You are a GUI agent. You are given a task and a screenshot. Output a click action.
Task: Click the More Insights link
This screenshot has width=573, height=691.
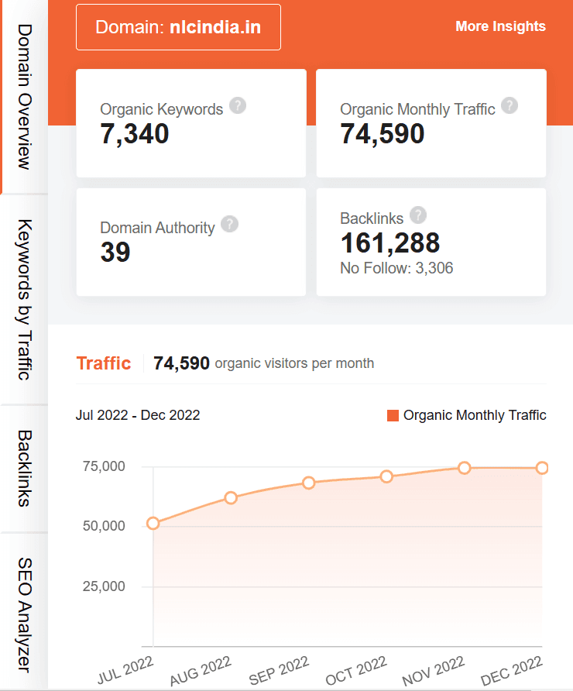click(500, 26)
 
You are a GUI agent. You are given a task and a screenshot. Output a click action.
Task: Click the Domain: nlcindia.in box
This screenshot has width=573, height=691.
click(178, 28)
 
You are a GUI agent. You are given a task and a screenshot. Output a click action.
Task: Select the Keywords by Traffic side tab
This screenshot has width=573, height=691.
click(24, 300)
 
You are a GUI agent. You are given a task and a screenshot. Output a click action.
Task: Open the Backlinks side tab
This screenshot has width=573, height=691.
click(24, 468)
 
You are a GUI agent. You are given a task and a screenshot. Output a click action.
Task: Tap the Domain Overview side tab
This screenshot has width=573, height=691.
click(24, 97)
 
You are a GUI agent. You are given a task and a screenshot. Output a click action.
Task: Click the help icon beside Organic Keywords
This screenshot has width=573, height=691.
click(238, 105)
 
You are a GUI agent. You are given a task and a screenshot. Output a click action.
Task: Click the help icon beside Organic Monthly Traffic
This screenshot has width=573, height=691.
click(509, 105)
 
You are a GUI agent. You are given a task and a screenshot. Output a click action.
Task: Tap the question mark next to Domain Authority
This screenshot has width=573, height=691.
click(229, 224)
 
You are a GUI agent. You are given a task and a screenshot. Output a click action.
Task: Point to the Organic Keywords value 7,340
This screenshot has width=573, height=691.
click(135, 134)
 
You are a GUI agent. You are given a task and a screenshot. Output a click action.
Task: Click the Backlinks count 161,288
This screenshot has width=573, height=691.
click(390, 243)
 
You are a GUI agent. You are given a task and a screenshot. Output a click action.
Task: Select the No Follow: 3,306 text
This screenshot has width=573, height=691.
click(396, 269)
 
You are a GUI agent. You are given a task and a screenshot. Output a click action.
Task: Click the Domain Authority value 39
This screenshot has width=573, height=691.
click(115, 253)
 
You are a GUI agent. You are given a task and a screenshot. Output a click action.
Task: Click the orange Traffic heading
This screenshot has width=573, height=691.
click(104, 363)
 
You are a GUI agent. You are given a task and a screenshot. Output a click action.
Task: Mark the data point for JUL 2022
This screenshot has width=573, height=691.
click(153, 523)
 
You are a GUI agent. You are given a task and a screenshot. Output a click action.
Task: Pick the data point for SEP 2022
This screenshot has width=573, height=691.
click(309, 483)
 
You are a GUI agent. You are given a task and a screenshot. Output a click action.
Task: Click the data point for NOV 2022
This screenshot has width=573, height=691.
click(465, 468)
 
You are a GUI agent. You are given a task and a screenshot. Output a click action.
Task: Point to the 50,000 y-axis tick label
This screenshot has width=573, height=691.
click(103, 526)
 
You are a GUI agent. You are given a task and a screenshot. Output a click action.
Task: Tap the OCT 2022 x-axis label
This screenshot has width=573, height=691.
click(356, 670)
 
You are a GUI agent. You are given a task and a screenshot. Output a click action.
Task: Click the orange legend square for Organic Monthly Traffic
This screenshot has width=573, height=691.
click(393, 416)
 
